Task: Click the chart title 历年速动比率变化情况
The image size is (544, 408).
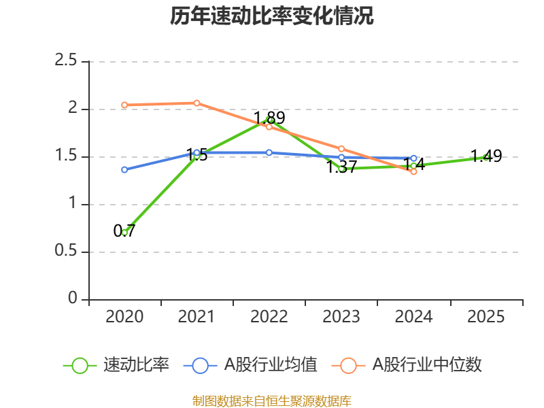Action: pos(272,16)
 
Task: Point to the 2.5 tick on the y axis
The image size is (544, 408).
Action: pos(67,61)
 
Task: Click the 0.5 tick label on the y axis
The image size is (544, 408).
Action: pos(67,252)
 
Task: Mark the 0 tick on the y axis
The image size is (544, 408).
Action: pos(73,299)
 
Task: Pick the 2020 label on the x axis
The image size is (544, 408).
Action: pos(124,317)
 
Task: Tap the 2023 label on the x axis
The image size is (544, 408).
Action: pos(341,317)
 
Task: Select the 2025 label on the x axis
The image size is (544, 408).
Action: pos(486,317)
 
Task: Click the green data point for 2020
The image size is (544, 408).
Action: pos(124,233)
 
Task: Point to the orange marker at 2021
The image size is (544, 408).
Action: pos(197,103)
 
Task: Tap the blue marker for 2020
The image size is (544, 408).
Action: pos(124,169)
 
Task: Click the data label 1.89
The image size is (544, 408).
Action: pos(269,118)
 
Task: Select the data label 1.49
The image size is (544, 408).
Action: pos(486,156)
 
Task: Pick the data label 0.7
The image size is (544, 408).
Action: pos(124,231)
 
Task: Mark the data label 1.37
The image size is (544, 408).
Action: pos(341,167)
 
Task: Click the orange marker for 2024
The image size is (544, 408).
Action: pos(413,171)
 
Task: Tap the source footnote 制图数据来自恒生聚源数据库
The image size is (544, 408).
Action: pos(272,401)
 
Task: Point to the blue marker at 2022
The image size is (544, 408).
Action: pos(269,152)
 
